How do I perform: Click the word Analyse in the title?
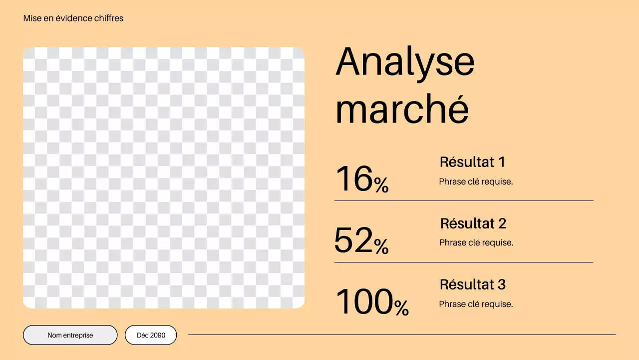point(405,62)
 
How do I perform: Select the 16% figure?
point(362,179)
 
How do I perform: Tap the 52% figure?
point(361,240)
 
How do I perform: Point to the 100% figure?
point(372,302)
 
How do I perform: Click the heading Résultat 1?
point(472,162)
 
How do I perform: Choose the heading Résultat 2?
point(473,223)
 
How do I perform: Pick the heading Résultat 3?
point(472,284)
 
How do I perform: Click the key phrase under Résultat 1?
point(476,182)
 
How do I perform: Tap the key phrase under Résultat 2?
point(476,243)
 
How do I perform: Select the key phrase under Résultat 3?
point(476,304)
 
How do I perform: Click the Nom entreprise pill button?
point(70,335)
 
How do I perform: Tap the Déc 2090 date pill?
point(151,335)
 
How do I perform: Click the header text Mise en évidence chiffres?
point(73,18)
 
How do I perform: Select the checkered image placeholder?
point(164,177)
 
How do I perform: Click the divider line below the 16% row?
point(464,201)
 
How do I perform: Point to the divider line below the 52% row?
point(464,262)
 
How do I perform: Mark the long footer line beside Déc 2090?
point(401,335)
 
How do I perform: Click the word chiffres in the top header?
point(108,18)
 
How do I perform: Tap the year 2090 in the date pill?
point(157,335)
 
